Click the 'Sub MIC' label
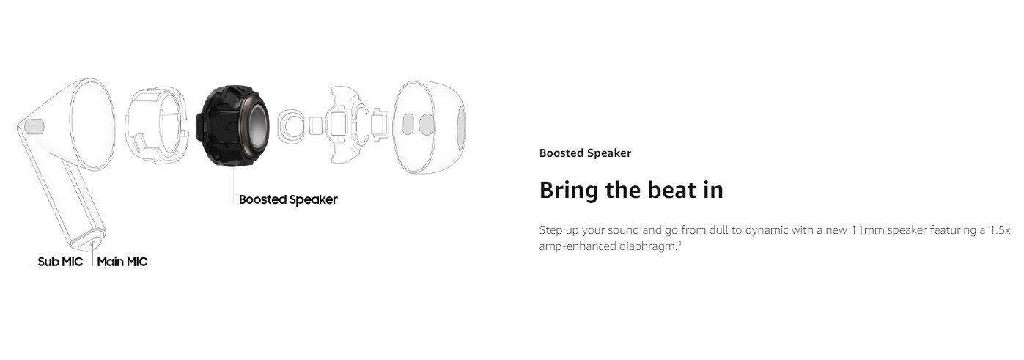coord(60,262)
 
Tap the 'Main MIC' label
coord(122,262)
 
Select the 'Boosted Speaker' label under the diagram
coord(288,199)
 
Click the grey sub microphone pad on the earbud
coord(34,126)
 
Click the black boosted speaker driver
coord(232,125)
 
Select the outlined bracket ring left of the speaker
coord(156,126)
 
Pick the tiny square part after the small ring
coord(315,126)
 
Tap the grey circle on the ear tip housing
coord(427,125)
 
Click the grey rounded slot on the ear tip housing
coord(408,125)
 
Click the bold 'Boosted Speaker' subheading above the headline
coord(585,153)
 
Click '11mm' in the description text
coord(866,230)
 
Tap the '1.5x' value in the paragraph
coord(1000,230)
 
